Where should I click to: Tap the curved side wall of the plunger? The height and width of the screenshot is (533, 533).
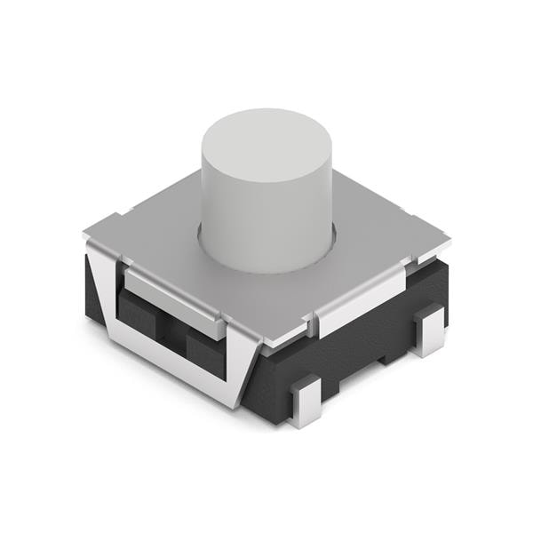point(266,222)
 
